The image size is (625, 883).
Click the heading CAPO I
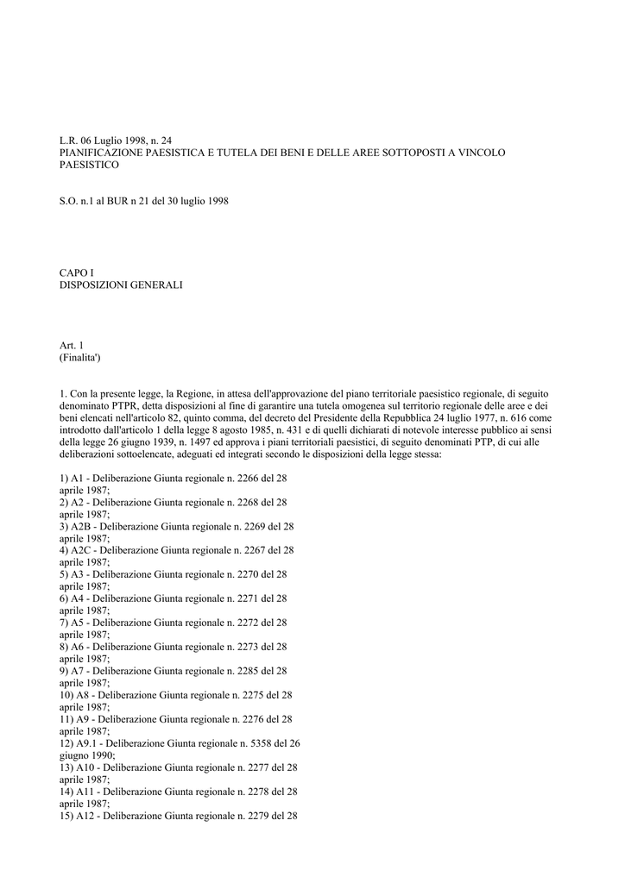[x=77, y=272]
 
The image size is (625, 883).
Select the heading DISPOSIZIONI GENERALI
[x=121, y=285]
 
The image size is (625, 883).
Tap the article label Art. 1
[x=71, y=345]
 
